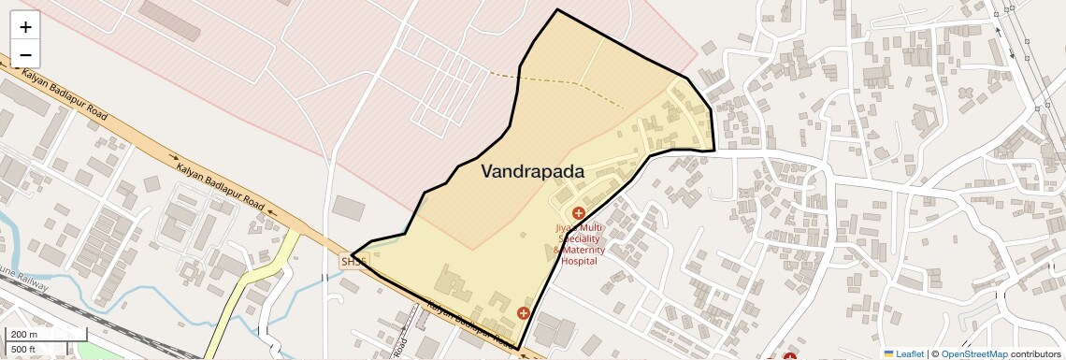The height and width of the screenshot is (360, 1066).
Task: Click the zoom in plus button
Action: point(25,27)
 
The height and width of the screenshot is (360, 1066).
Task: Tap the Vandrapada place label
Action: point(532,172)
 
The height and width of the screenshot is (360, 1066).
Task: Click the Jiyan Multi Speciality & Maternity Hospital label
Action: point(580,244)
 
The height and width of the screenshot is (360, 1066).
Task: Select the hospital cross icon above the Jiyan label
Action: point(578,214)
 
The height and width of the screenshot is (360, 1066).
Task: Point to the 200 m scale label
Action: point(23,334)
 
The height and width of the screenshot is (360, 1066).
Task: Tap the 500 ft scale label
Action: point(23,349)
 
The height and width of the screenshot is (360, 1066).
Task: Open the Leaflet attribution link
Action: point(910,353)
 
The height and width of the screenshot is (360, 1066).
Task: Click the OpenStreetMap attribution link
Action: point(973,353)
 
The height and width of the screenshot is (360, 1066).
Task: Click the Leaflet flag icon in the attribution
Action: point(888,353)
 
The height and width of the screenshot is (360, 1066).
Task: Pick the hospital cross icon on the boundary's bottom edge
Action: point(523,312)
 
